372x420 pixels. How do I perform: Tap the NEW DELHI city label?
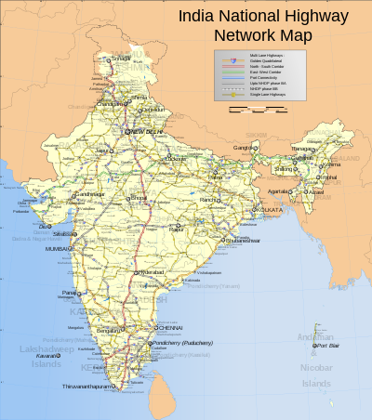149,133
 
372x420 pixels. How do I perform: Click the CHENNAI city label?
169,328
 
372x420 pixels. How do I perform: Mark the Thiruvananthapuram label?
86,386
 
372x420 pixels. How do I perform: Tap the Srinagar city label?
120,59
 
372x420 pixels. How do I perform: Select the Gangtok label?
243,148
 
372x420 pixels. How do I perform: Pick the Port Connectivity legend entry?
254,78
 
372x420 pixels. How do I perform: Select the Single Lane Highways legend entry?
257,95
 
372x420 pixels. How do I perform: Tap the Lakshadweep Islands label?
43,355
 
